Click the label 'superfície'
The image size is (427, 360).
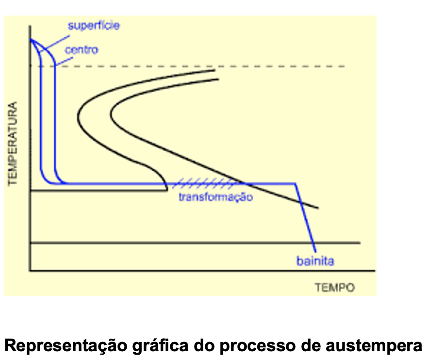coord(94,26)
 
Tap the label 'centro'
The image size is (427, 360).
coord(82,50)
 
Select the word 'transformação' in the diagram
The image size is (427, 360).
coord(215,197)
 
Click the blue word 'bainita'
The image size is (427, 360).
coord(315,261)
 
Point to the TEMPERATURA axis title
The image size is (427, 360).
coord(13,144)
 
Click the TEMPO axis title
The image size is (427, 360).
coord(335,287)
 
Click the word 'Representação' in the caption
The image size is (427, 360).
coord(66,346)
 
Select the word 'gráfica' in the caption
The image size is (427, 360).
coord(161,346)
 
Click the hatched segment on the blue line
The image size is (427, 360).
coord(203,184)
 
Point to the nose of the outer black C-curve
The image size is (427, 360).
coord(78,116)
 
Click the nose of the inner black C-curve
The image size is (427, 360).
coord(111,115)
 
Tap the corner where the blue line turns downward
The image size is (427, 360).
coord(295,184)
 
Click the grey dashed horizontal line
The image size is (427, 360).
coord(188,66)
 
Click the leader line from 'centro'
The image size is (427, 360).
coord(64,61)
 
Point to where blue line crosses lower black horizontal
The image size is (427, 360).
coord(313,243)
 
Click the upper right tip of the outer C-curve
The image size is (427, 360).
coord(215,70)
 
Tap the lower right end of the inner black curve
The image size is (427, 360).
coord(318,208)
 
